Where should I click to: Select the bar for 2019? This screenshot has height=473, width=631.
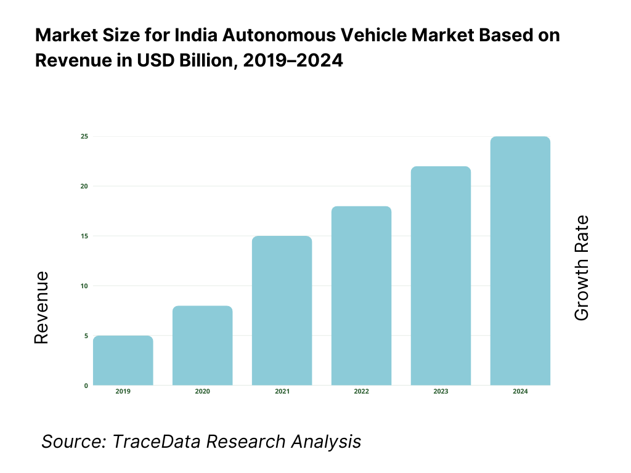point(123,361)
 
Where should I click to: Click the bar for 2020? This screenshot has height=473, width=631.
point(202,346)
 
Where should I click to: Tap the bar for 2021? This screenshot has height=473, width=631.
point(282,311)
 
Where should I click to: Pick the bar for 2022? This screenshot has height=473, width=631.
point(361,296)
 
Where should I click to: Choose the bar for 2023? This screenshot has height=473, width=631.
point(441,276)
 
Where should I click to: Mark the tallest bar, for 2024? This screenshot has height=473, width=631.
point(520,261)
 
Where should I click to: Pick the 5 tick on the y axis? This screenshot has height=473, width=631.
point(86,336)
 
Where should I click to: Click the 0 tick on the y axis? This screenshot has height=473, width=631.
point(86,386)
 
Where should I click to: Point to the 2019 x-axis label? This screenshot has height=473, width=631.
point(123,392)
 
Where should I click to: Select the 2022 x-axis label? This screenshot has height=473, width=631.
point(361,392)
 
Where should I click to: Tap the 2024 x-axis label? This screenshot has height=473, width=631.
point(520,392)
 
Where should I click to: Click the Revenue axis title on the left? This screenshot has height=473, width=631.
point(41,307)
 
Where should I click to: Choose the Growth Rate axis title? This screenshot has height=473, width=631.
point(581,268)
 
